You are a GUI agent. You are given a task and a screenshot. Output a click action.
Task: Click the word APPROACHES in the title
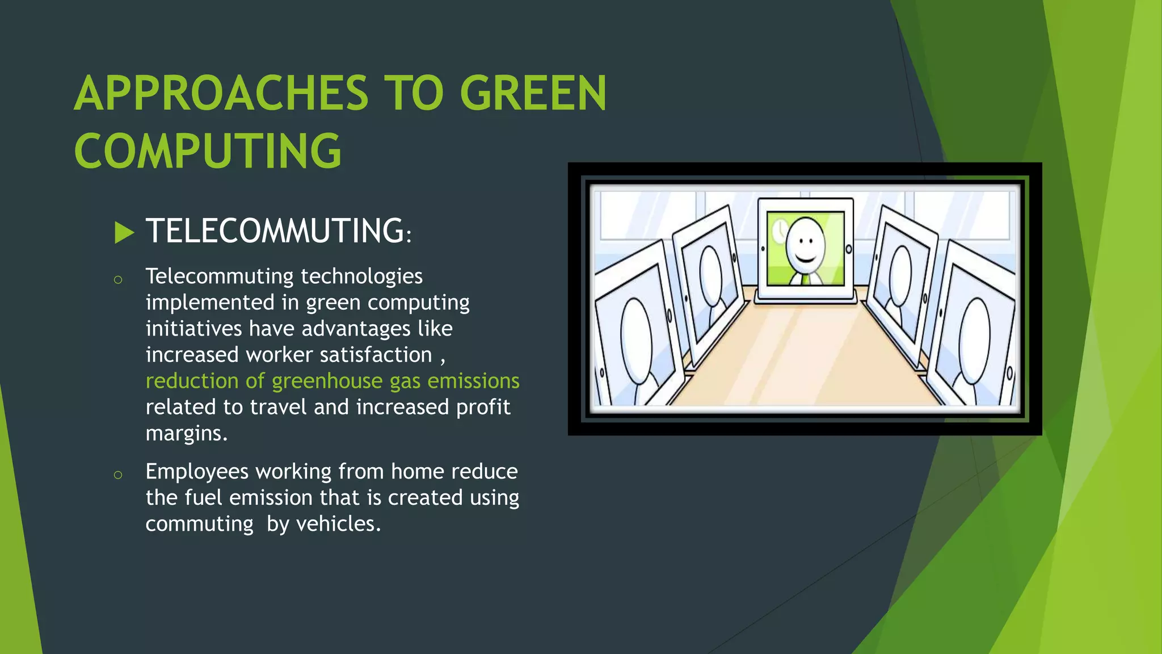coord(221,94)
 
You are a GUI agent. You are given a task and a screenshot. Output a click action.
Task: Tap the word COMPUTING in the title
coord(208,151)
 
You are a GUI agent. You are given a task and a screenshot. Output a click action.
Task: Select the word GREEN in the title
coord(533,94)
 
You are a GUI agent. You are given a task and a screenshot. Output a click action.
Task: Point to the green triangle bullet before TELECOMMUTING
coord(124,233)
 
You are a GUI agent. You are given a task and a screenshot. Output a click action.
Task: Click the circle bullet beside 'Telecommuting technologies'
coord(118,279)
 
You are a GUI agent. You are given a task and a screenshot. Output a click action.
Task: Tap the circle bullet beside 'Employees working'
coord(118,475)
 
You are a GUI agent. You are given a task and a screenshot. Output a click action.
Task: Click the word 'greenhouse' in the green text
coord(327,381)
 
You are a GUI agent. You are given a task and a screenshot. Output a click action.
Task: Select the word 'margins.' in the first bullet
coord(187,433)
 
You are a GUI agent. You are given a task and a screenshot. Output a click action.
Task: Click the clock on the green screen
coord(780,230)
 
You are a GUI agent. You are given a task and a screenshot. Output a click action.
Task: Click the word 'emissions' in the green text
coord(473,381)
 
